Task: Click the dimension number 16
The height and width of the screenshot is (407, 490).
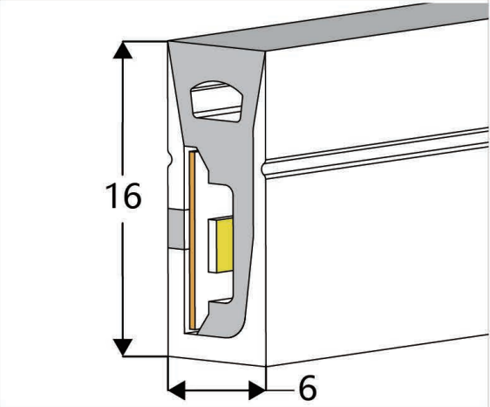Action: tap(124, 196)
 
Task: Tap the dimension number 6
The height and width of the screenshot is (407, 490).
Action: tap(308, 388)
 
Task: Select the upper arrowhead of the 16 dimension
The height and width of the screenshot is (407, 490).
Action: tap(122, 50)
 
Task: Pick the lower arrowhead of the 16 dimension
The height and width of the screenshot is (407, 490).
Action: tap(122, 348)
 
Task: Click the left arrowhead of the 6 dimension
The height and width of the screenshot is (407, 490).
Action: tap(177, 390)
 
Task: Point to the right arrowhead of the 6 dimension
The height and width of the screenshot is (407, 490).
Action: tap(257, 390)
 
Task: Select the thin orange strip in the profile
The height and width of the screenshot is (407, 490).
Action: tap(193, 240)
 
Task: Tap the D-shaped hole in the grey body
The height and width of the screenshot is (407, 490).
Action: tap(216, 101)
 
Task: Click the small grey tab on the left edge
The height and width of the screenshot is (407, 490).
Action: tap(179, 230)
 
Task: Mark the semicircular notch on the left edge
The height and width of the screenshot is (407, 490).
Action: tap(170, 158)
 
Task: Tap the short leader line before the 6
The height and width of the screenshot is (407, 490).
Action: tap(280, 390)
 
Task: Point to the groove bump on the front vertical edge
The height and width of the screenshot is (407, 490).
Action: tap(264, 169)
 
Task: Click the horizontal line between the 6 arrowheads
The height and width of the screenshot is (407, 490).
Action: tap(217, 390)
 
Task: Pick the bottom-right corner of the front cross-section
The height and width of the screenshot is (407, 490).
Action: tap(266, 366)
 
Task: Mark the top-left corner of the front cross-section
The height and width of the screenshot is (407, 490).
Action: tap(168, 41)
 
